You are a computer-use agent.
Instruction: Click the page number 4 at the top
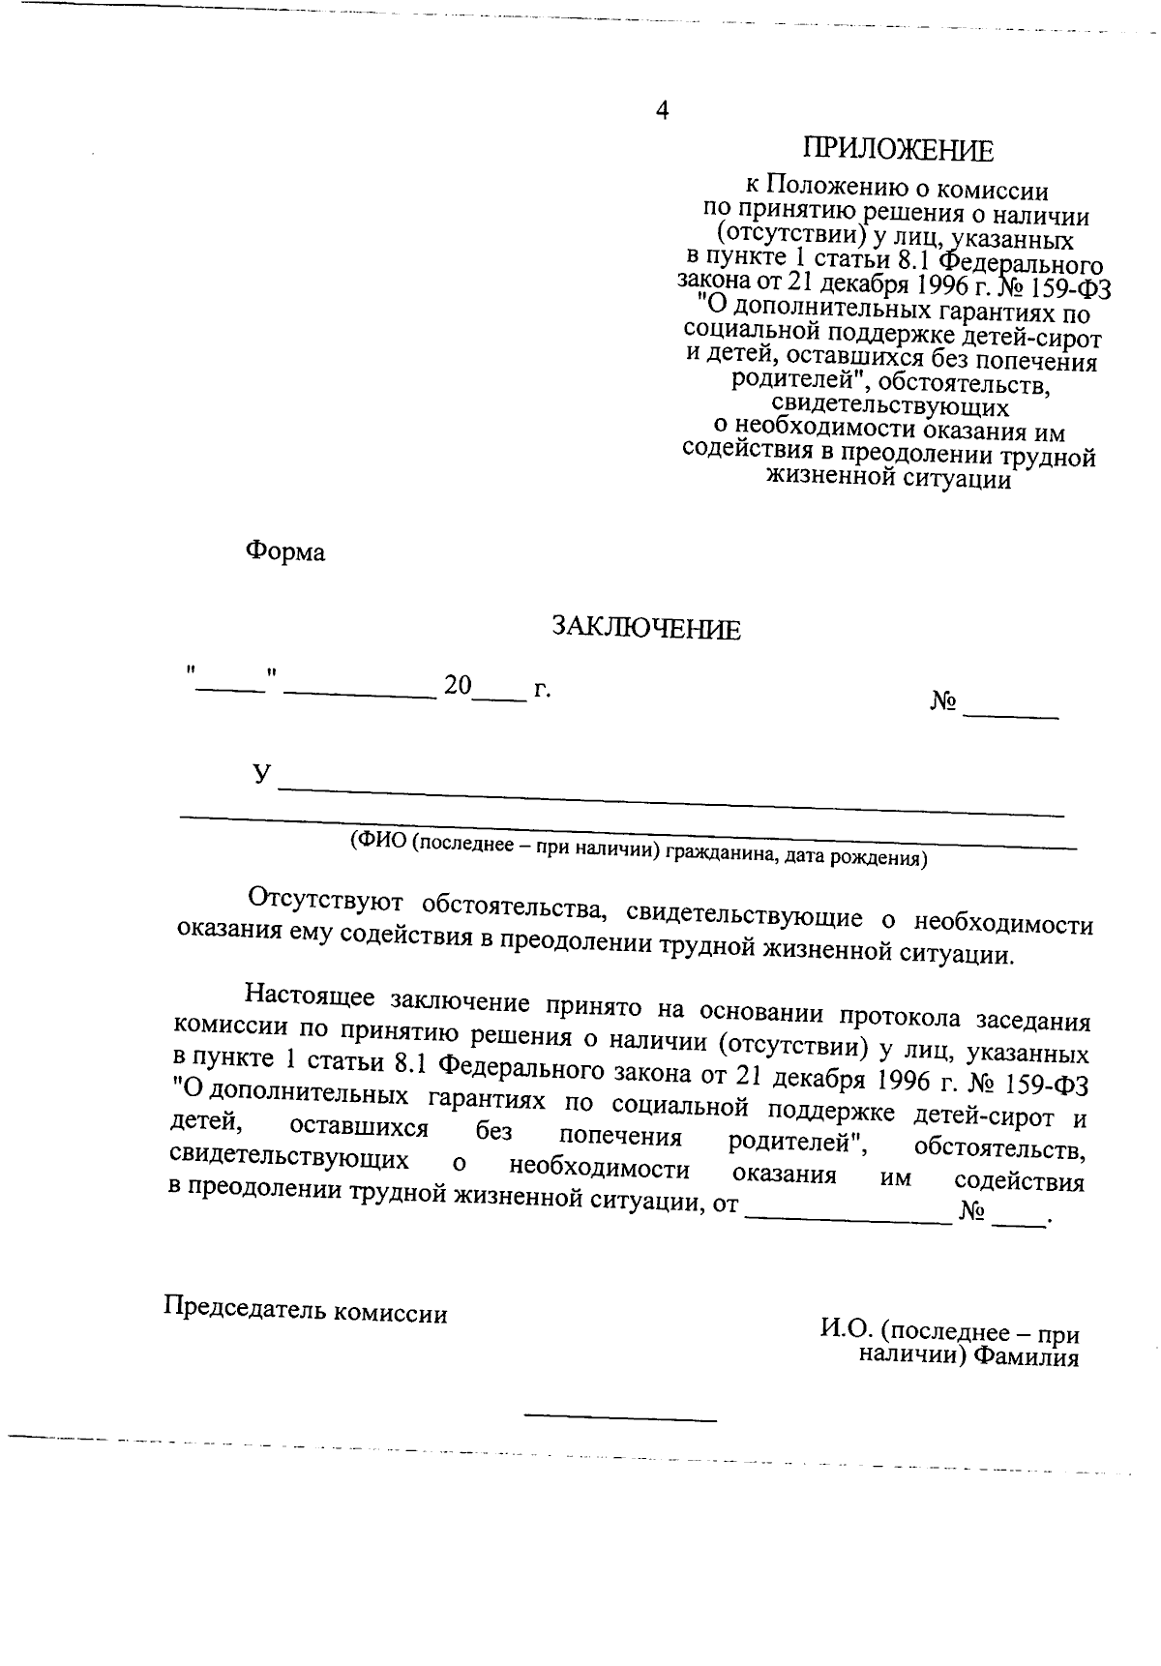point(663,110)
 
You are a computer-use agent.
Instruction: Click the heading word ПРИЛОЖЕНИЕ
point(898,151)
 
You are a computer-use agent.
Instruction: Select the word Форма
point(285,552)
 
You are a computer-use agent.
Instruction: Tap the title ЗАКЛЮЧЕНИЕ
point(645,630)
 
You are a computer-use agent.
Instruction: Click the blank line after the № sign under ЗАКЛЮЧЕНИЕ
point(1011,714)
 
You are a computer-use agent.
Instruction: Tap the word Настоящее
point(311,994)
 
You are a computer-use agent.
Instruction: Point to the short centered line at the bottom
point(620,1419)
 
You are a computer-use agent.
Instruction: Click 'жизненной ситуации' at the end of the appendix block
point(888,478)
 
